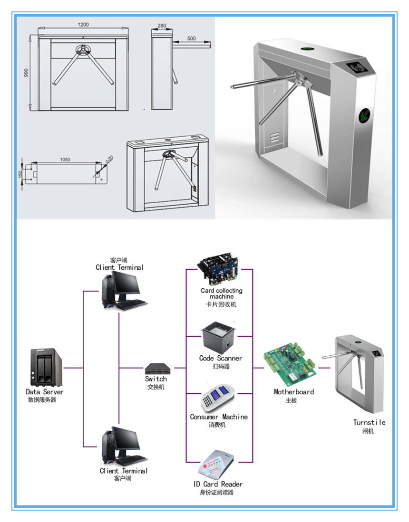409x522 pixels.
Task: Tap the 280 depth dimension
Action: [x=162, y=25]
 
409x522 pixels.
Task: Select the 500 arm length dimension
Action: [x=191, y=38]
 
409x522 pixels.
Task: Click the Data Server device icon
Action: [x=46, y=368]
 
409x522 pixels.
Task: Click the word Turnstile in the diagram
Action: [x=369, y=422]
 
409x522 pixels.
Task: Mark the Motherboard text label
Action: [x=293, y=392]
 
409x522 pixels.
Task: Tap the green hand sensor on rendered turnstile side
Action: [x=365, y=114]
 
